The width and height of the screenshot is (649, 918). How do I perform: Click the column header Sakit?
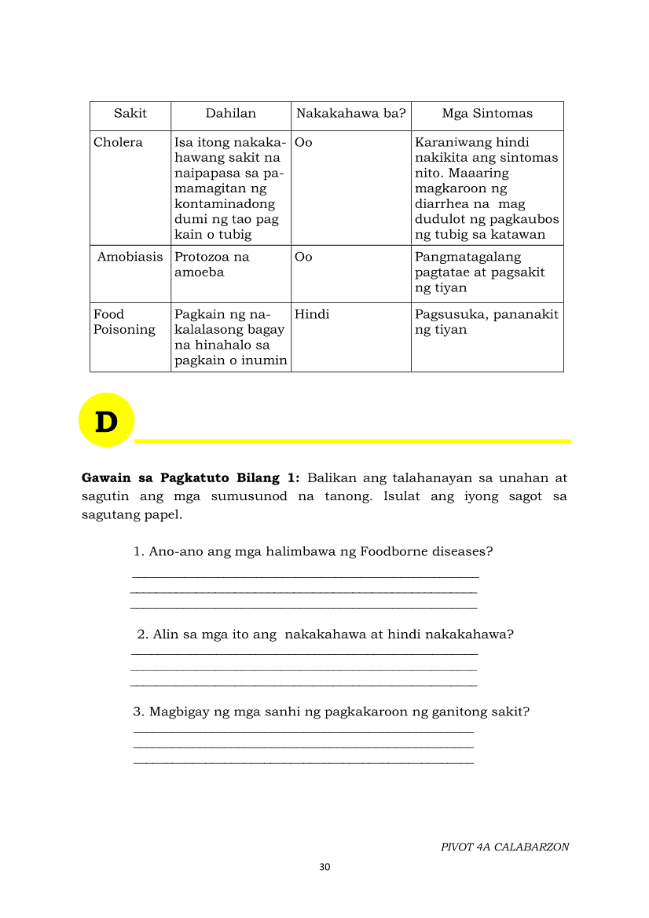[x=130, y=114]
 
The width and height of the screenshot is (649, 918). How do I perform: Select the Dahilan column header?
[x=231, y=114]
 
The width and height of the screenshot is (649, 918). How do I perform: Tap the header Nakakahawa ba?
[x=350, y=114]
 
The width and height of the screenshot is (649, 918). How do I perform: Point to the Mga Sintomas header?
[x=487, y=114]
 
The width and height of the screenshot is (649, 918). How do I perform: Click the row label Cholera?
[x=118, y=143]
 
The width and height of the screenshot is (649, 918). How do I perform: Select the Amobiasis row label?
[x=130, y=258]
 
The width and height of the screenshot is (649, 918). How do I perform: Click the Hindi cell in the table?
[x=312, y=315]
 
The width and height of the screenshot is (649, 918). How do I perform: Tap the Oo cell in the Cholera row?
[x=303, y=143]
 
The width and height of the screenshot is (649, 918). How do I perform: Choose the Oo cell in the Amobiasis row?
[x=303, y=258]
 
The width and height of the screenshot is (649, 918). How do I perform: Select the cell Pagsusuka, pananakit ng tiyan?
[x=486, y=322]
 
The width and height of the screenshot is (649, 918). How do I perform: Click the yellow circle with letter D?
[x=106, y=421]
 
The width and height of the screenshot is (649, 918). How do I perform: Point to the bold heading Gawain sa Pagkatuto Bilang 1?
[x=191, y=477]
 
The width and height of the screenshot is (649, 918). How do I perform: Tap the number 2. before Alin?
[x=142, y=635]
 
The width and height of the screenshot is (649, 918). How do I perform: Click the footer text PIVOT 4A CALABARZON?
[x=504, y=847]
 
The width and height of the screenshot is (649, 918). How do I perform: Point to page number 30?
[x=324, y=867]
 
